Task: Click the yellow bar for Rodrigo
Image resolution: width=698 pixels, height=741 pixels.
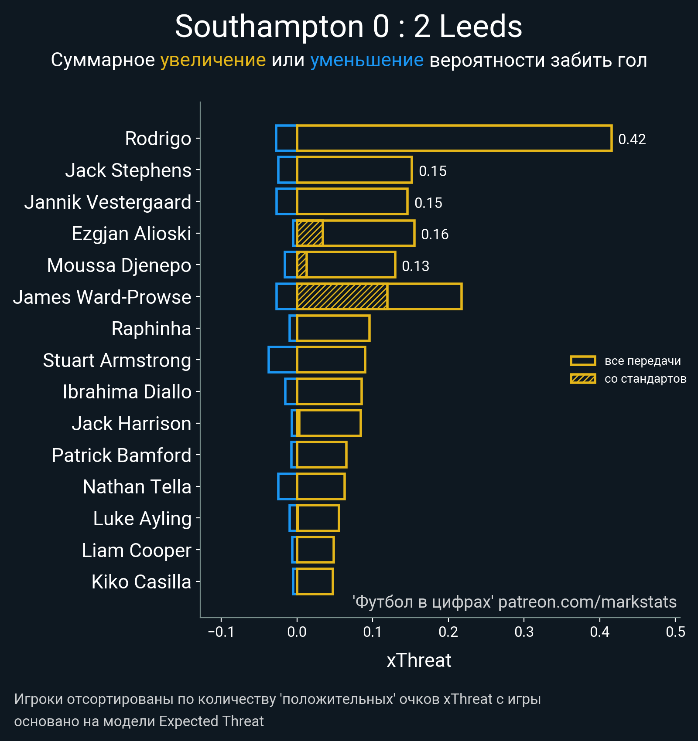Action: coord(454,138)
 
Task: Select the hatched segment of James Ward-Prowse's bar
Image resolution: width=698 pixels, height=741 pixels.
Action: coord(342,297)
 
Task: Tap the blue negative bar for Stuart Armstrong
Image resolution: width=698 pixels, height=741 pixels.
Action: coord(282,360)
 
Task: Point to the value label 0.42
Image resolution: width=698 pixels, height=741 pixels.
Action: coord(632,139)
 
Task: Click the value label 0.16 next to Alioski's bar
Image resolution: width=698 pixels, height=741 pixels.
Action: coord(435,234)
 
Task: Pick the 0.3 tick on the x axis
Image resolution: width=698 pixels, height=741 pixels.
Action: coord(524,632)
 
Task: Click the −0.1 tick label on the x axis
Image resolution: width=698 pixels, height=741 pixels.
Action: coord(221,632)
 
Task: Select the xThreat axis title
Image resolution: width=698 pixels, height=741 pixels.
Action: coord(419,660)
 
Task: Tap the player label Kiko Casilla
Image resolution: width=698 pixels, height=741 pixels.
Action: coord(141,582)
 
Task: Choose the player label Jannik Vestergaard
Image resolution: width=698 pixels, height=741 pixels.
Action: coord(108,202)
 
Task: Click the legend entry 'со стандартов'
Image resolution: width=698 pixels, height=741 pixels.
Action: coord(645,379)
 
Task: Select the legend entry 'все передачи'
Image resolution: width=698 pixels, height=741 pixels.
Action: coord(642,361)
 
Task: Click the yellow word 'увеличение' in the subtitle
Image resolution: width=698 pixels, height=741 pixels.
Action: coord(213,60)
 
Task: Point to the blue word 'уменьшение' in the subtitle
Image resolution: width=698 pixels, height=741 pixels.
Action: coord(366,60)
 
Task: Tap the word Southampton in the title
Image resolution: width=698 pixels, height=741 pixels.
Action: coord(269,27)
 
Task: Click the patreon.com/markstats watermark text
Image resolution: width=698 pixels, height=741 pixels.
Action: coord(587,602)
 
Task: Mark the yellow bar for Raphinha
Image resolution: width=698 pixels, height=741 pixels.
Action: coord(333,328)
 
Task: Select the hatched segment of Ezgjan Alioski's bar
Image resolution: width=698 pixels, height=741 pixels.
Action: coord(310,234)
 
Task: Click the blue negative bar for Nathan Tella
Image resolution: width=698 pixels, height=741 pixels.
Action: coord(287,486)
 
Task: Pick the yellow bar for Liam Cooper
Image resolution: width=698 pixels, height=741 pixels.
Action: coord(315,550)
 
